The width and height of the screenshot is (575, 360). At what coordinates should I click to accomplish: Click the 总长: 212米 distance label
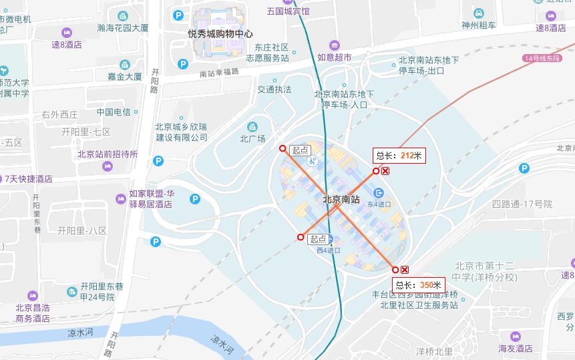(x=399, y=156)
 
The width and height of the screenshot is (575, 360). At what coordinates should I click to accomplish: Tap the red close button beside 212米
(x=386, y=171)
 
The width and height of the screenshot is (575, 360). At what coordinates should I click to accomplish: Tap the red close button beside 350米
(x=405, y=270)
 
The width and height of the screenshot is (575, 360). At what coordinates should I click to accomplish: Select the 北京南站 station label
(x=341, y=199)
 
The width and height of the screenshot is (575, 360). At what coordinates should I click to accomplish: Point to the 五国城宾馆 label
(x=288, y=11)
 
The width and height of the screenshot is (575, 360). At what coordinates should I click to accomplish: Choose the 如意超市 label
(x=334, y=58)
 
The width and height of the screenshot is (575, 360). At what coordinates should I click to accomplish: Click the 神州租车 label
(x=479, y=25)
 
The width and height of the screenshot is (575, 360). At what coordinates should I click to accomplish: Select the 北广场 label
(x=252, y=139)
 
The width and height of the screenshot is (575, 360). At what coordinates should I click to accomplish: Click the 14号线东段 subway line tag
(x=542, y=59)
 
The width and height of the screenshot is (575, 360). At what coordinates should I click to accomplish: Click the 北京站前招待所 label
(x=108, y=154)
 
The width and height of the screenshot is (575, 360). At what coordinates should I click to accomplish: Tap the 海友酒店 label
(x=515, y=348)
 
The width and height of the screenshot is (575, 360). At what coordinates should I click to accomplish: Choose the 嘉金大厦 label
(x=125, y=77)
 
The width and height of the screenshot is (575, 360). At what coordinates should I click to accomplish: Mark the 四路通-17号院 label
(x=522, y=204)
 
